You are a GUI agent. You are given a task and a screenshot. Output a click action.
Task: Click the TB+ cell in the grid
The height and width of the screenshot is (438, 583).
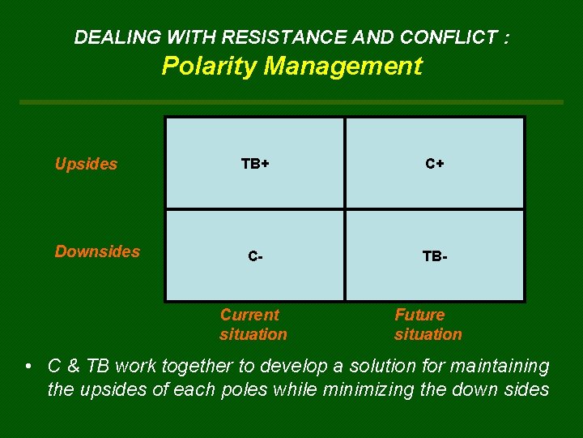[x=255, y=164]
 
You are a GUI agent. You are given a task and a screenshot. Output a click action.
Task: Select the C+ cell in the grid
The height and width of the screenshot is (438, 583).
[x=435, y=164]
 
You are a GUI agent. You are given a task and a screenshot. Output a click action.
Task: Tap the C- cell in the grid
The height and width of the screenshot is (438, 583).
[x=255, y=256]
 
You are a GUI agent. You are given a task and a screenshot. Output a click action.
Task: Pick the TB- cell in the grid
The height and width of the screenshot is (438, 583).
[x=435, y=256]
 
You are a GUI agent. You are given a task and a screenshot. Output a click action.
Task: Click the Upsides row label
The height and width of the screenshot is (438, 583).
[x=86, y=164]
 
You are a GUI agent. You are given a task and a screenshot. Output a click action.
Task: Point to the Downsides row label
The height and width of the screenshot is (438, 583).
[x=96, y=251]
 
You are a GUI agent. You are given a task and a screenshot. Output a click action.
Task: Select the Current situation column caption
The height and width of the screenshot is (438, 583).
[x=253, y=324]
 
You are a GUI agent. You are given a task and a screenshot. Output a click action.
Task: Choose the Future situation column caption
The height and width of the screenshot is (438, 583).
[x=428, y=324]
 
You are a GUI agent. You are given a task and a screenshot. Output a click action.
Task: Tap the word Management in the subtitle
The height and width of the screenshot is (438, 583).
[x=343, y=67]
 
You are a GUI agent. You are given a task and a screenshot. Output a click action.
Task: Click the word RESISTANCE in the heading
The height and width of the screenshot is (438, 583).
[x=276, y=37]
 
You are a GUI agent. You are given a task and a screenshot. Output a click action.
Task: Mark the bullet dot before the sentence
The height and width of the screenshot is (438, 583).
[x=28, y=367]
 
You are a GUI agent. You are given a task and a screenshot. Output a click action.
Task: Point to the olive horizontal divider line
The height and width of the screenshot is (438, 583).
[x=291, y=102]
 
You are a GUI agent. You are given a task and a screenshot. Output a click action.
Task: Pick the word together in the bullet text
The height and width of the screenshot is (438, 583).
[x=193, y=367]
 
